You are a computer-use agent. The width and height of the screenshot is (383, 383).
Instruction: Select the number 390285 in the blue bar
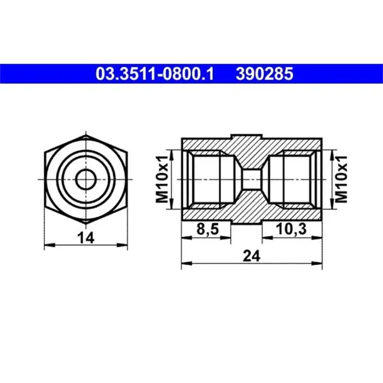click(x=264, y=73)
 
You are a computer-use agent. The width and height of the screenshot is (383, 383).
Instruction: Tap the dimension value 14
click(x=86, y=237)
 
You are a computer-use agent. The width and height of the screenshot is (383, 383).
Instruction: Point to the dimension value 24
click(x=252, y=254)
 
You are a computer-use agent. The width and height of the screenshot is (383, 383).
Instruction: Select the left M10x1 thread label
click(x=163, y=179)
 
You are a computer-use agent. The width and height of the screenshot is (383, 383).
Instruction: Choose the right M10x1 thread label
click(x=340, y=179)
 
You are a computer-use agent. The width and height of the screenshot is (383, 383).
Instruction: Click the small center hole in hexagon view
click(x=86, y=178)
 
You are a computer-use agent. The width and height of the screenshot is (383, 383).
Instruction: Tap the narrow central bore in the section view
click(x=252, y=179)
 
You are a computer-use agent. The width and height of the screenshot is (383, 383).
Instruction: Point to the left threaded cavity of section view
click(x=211, y=179)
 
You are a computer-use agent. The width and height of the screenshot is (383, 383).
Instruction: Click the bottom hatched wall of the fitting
click(x=208, y=214)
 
